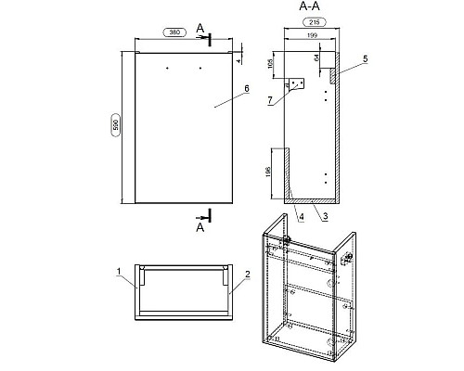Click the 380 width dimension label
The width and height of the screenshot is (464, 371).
click(x=174, y=32)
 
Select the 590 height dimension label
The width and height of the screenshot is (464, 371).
click(x=116, y=125)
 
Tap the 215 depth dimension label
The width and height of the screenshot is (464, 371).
click(x=315, y=22)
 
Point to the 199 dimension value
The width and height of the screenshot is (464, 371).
click(x=313, y=35)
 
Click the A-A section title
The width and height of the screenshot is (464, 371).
click(x=309, y=6)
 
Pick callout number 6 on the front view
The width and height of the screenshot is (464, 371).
click(x=247, y=89)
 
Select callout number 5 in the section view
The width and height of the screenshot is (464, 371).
click(x=366, y=59)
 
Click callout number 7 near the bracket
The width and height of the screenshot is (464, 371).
click(x=270, y=100)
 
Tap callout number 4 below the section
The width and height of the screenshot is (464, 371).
click(x=302, y=217)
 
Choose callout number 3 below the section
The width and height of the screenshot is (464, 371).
click(x=325, y=216)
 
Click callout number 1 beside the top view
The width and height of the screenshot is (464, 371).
click(x=119, y=272)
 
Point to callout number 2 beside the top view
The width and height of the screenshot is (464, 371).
click(x=247, y=275)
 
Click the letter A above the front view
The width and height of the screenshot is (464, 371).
click(x=200, y=29)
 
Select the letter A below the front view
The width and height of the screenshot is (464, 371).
click(x=200, y=227)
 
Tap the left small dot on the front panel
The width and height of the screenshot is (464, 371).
click(x=167, y=68)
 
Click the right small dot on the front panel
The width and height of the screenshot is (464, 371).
click(x=200, y=68)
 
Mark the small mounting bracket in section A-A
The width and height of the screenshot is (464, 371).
click(x=297, y=83)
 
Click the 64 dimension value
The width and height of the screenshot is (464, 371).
click(x=316, y=58)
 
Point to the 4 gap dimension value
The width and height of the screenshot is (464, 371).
click(x=238, y=61)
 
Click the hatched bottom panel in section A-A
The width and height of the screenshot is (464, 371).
click(x=312, y=201)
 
